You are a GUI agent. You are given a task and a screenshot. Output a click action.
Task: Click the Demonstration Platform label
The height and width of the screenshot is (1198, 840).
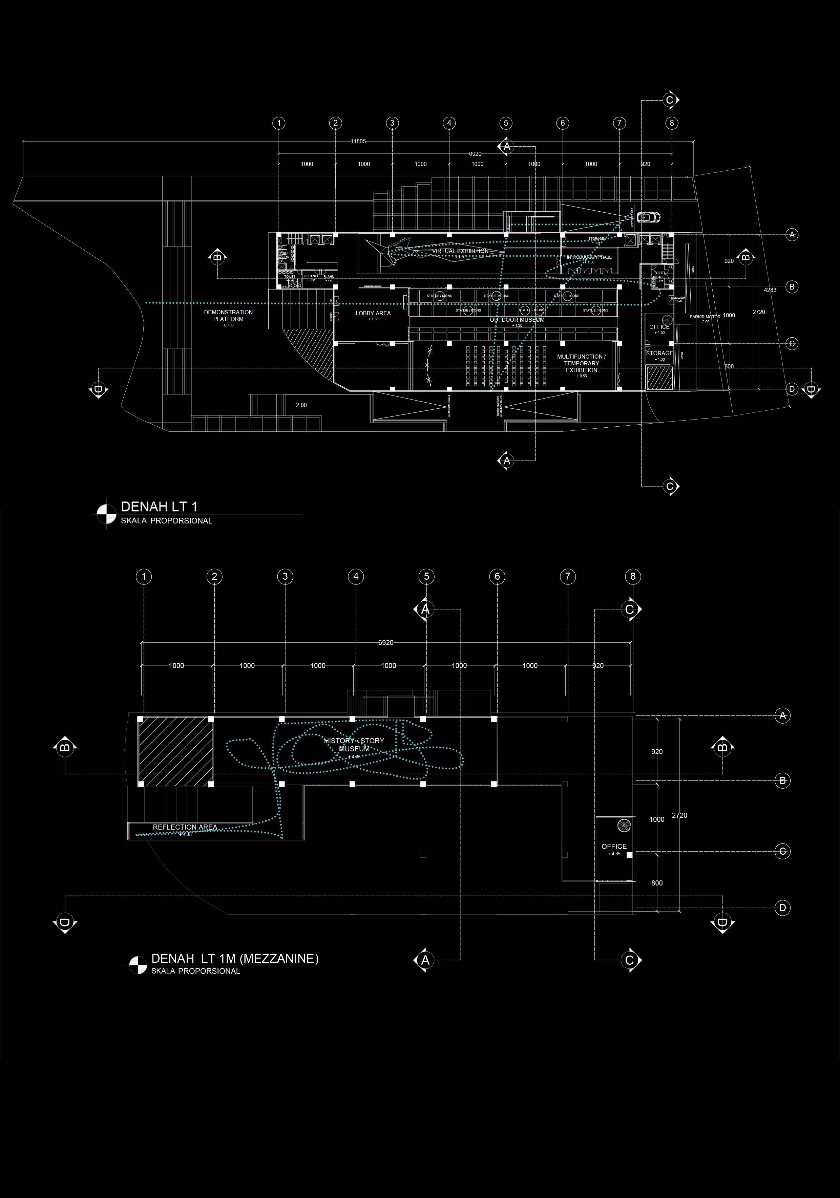[x=228, y=316]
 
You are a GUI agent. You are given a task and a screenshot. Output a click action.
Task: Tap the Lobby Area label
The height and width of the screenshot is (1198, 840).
[x=373, y=314]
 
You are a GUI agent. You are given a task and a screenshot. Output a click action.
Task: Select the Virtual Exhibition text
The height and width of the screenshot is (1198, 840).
[x=460, y=251]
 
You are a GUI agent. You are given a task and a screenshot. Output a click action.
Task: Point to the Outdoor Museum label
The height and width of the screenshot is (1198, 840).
[x=517, y=320]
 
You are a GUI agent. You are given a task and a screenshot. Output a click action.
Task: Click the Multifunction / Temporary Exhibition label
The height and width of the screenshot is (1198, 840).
[x=581, y=363]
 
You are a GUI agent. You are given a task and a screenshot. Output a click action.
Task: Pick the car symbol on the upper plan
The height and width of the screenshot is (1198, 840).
[x=647, y=216]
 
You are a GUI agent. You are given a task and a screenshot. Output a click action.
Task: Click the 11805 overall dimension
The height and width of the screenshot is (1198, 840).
[x=358, y=142]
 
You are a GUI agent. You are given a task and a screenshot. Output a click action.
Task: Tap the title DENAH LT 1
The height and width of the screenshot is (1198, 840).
[x=159, y=506]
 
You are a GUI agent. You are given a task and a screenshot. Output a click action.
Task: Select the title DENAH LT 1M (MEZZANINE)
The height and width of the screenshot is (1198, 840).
[x=234, y=958]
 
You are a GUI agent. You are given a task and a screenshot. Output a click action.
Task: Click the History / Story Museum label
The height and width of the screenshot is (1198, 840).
[x=354, y=745]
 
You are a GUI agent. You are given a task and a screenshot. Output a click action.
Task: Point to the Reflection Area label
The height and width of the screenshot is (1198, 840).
[x=185, y=827]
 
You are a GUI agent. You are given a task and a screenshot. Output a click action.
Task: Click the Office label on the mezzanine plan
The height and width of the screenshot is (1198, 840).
[x=614, y=846]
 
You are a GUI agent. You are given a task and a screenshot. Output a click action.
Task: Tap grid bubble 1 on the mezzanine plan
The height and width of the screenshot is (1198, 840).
[x=144, y=577]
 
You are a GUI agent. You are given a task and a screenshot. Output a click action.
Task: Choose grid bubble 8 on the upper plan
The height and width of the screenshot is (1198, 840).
[x=671, y=123]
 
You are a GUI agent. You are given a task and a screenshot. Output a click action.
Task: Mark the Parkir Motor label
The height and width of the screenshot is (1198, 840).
[x=705, y=317]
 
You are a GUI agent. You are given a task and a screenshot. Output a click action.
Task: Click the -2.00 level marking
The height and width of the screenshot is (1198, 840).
[x=300, y=405]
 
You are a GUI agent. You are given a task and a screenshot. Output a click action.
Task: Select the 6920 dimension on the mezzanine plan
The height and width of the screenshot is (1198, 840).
[x=386, y=643]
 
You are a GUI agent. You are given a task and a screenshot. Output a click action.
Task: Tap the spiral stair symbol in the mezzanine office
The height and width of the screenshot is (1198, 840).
[x=624, y=826]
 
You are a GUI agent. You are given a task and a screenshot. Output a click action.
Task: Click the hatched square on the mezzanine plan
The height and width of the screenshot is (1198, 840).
[x=175, y=751]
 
